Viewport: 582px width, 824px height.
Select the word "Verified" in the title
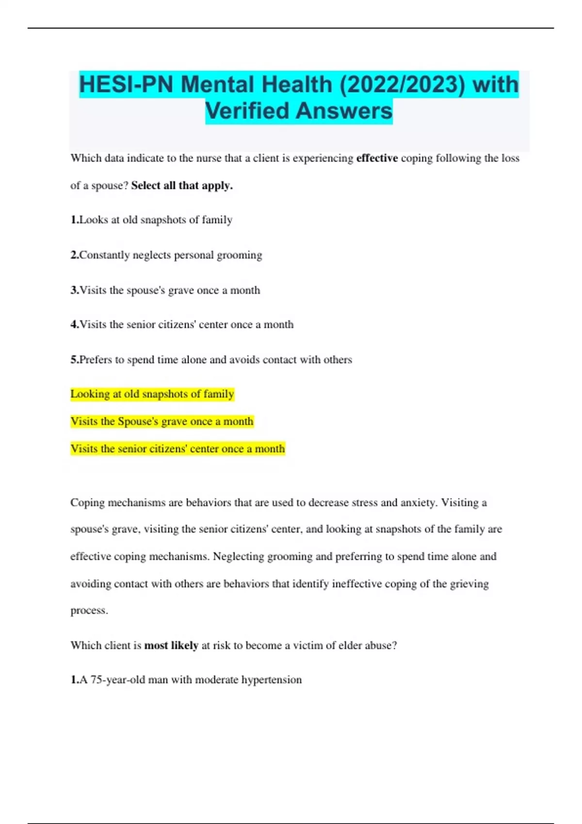tap(247, 111)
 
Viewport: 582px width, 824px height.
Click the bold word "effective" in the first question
tap(377, 158)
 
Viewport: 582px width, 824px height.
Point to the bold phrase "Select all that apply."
tap(182, 186)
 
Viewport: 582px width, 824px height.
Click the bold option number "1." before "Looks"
tap(75, 220)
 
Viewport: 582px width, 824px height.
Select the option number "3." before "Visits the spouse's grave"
tap(75, 290)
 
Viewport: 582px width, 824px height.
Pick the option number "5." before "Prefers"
tap(75, 360)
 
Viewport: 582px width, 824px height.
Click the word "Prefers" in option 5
tap(96, 360)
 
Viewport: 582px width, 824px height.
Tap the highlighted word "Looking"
tap(90, 394)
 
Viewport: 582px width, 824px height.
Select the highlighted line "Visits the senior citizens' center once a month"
tap(178, 449)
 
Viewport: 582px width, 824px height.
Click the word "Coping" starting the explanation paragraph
tap(87, 503)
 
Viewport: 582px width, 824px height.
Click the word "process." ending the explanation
tap(89, 611)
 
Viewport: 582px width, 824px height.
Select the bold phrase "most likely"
tap(171, 646)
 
